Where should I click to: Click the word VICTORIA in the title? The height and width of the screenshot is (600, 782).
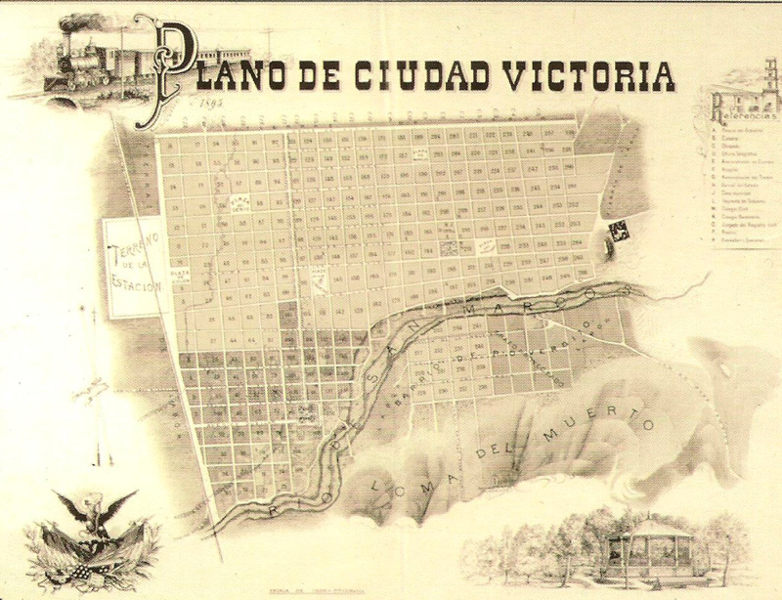coord(595,74)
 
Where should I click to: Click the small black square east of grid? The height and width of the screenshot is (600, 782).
coord(619,231)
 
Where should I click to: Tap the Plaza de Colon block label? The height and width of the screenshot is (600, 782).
coord(178,277)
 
